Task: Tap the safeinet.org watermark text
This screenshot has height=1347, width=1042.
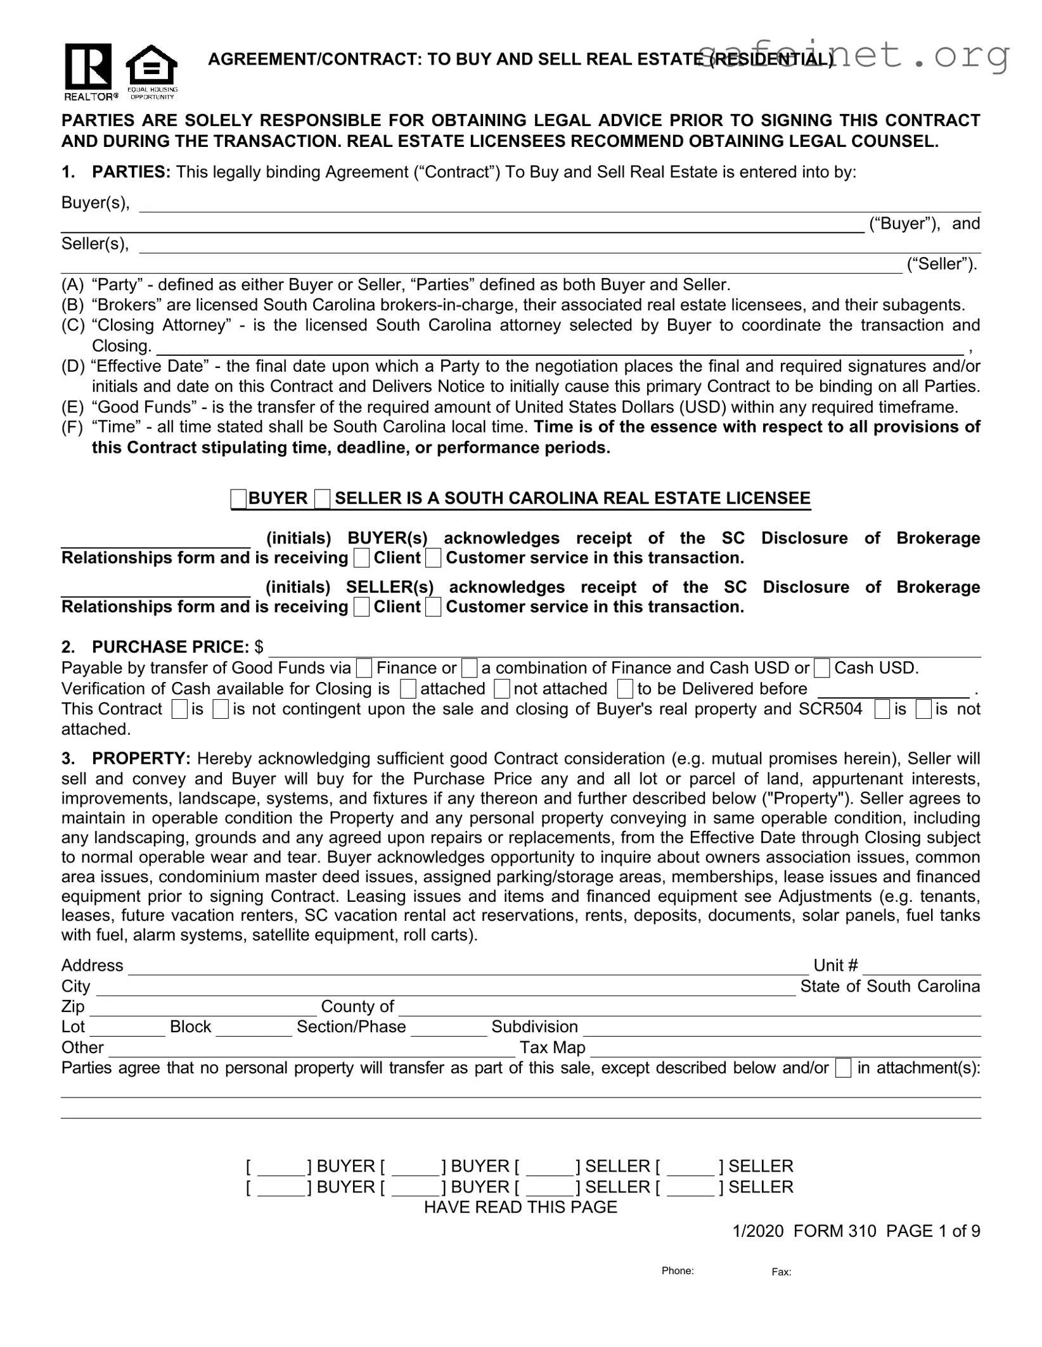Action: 852,56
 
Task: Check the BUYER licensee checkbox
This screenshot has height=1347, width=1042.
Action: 239,499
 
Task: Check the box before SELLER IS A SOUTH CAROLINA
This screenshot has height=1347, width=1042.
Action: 323,499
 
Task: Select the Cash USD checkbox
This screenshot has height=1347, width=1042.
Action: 822,668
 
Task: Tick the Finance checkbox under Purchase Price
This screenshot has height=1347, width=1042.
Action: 364,668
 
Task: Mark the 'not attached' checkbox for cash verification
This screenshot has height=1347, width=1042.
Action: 502,689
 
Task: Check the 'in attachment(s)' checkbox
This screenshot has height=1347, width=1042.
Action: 843,1069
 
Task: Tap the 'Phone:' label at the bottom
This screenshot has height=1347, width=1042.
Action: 677,1271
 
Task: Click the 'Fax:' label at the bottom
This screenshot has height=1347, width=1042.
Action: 781,1272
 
